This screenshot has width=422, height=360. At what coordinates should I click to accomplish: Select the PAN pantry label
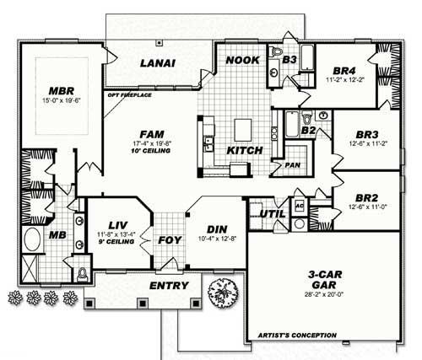coord(293,165)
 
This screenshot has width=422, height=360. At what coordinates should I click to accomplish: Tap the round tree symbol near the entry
coord(222,287)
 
